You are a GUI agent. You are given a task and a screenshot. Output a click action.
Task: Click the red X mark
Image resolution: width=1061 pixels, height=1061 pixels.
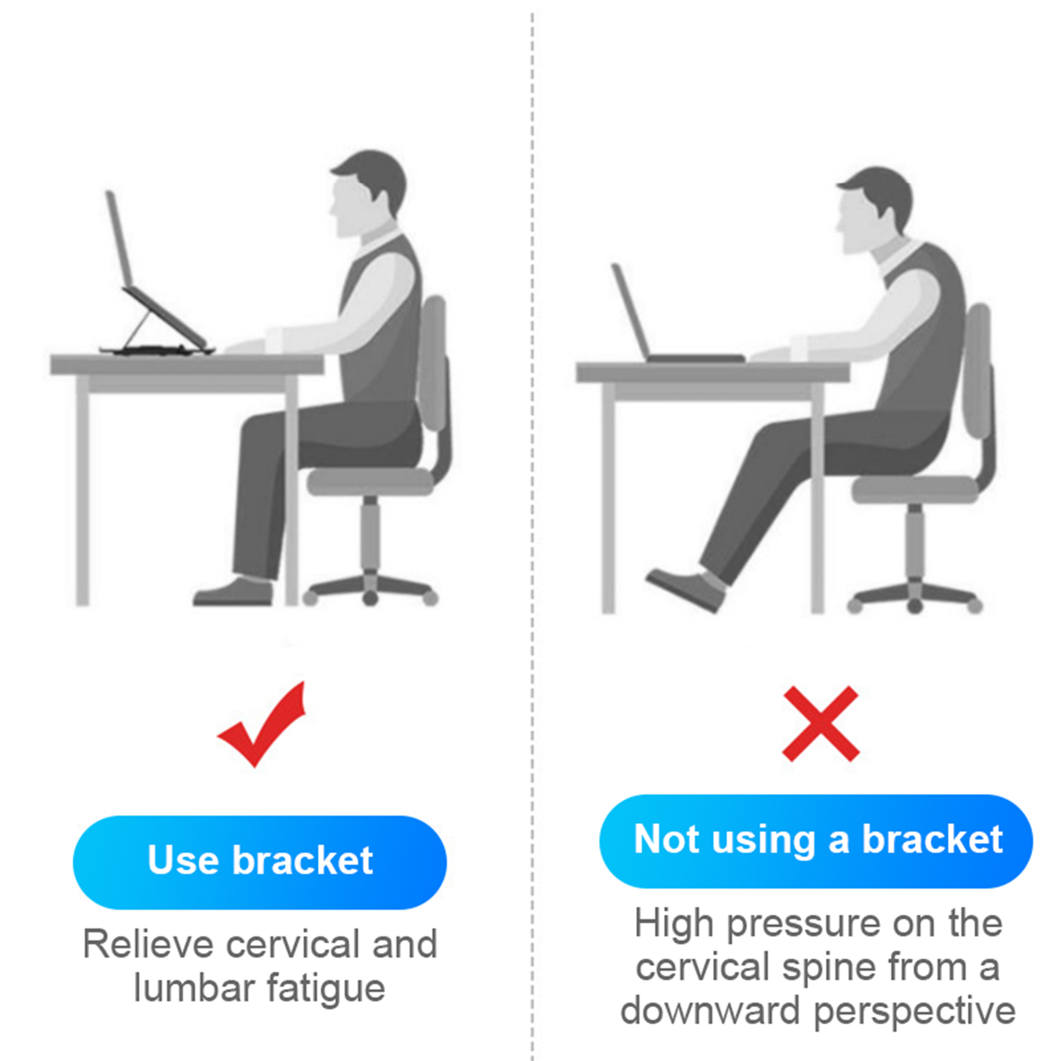pyautogui.click(x=820, y=723)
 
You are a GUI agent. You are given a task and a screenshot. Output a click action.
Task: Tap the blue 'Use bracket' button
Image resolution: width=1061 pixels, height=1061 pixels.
pyautogui.click(x=260, y=862)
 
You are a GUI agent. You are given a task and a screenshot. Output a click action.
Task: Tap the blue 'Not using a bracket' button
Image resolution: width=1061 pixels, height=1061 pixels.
pyautogui.click(x=816, y=841)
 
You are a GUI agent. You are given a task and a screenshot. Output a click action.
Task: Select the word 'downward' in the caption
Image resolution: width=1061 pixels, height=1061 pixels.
pyautogui.click(x=710, y=1011)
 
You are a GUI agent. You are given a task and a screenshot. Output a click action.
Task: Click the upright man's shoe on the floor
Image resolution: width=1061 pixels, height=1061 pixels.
pyautogui.click(x=233, y=592)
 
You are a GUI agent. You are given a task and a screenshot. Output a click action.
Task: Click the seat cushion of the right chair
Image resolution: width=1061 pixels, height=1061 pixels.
pyautogui.click(x=915, y=489)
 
